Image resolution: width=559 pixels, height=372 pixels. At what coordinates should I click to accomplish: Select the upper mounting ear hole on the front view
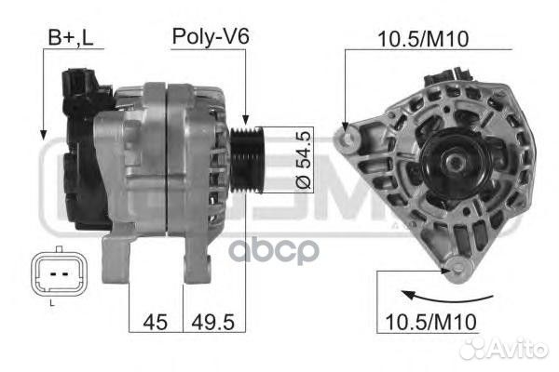tap(351, 140)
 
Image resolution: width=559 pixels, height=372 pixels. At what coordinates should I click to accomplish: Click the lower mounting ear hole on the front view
tap(456, 272)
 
